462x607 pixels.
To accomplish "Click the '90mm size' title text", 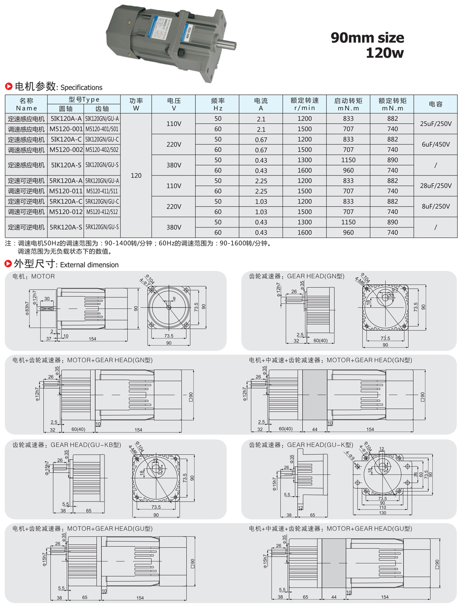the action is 367,38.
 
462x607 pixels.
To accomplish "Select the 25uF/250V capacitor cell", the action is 436,124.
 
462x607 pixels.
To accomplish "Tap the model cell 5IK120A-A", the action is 66,119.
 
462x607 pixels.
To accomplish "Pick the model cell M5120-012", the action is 66,212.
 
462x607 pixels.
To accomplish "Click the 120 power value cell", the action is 136,175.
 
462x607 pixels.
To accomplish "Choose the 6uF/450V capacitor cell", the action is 436,144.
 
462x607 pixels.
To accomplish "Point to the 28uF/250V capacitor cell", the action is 436,186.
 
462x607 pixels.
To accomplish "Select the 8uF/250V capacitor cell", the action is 436,206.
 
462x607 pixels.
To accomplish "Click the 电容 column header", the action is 436,104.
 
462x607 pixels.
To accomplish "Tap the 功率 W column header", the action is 136,104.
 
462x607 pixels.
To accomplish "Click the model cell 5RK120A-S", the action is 66,227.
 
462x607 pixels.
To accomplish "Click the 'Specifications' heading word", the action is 81,88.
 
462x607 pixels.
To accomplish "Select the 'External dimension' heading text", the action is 89,265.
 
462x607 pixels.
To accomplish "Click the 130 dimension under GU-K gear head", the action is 383,513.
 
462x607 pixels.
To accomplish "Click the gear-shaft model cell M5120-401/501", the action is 102,129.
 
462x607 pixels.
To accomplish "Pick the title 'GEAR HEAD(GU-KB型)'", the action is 86,445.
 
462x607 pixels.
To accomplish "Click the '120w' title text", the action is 385,53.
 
